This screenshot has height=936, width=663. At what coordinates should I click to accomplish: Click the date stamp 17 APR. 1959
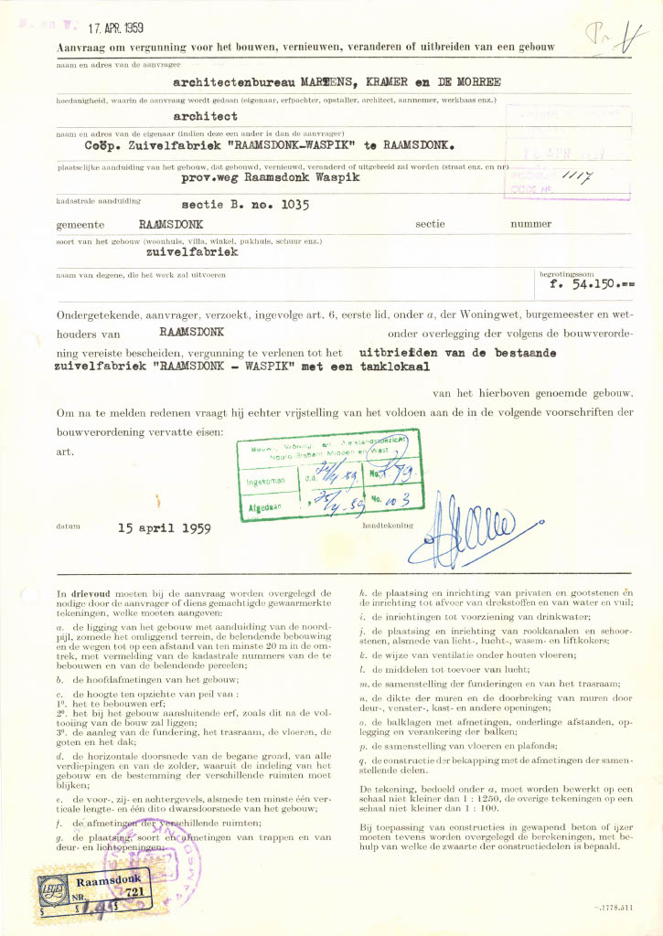(121, 28)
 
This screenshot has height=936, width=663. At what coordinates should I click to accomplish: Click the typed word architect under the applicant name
(206, 117)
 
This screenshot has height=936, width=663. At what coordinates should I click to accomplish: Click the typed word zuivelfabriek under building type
(192, 250)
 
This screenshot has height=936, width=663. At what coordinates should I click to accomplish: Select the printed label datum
(69, 527)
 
